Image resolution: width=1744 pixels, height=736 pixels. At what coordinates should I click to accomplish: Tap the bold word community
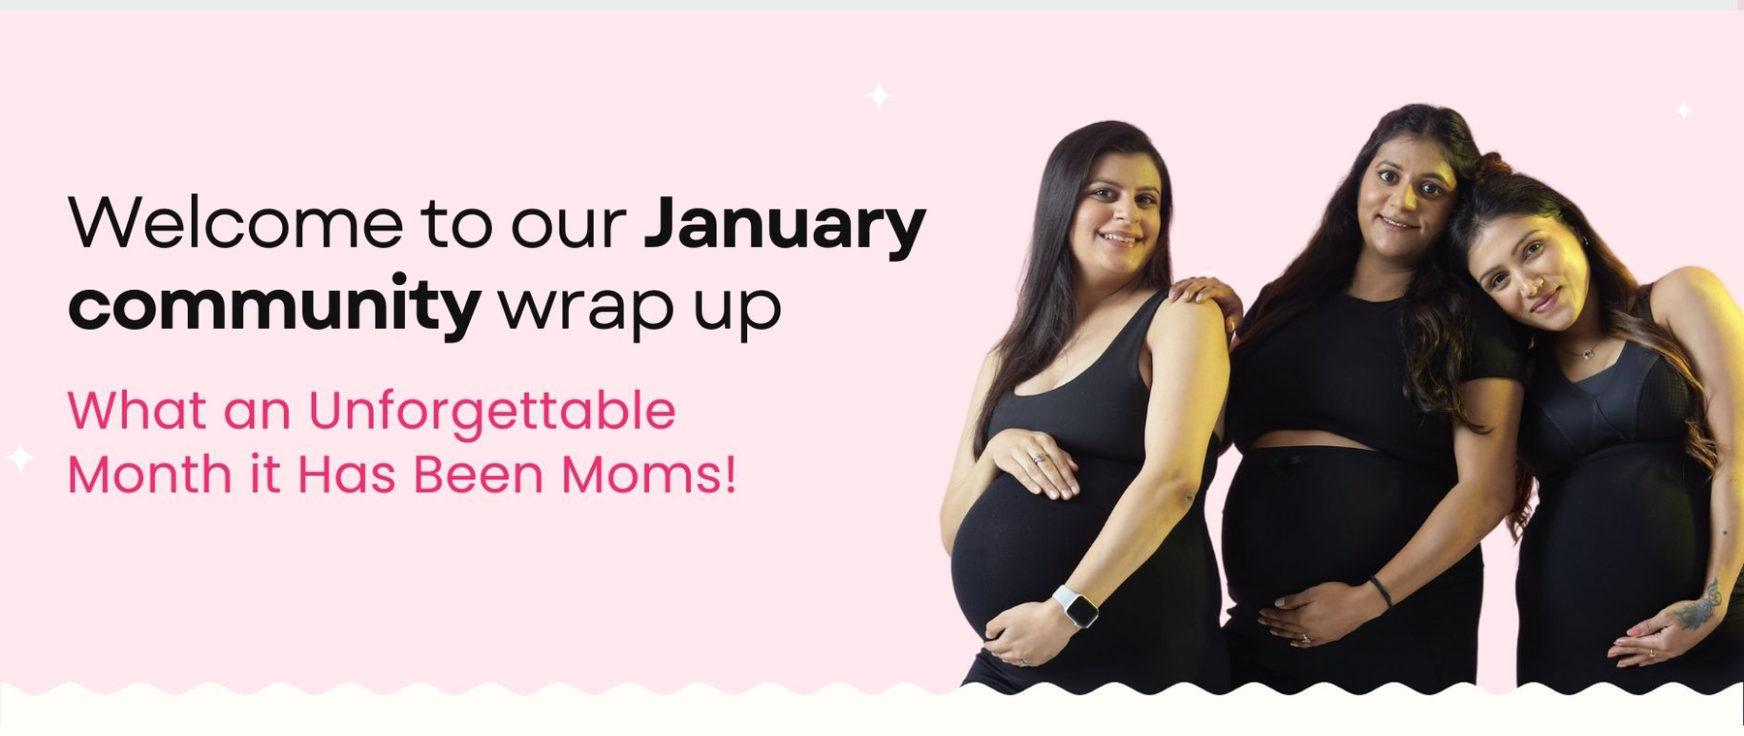pos(274,304)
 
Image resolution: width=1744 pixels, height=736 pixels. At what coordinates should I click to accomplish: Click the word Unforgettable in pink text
pos(492,411)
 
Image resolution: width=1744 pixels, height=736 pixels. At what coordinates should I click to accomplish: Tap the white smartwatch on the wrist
pos(1075,606)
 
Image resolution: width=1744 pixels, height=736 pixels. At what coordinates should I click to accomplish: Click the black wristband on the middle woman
pos(1380,591)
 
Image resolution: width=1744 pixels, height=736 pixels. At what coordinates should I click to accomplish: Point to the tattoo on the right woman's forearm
pos(1697,605)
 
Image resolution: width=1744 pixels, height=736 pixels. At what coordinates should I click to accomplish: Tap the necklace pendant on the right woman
pos(1586,353)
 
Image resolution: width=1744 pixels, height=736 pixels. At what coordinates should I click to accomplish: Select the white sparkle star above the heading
pos(879,96)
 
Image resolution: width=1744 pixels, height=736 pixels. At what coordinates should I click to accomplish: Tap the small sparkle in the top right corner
pos(1685,111)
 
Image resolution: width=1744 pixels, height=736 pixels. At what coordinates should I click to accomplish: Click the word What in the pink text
pos(137,410)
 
